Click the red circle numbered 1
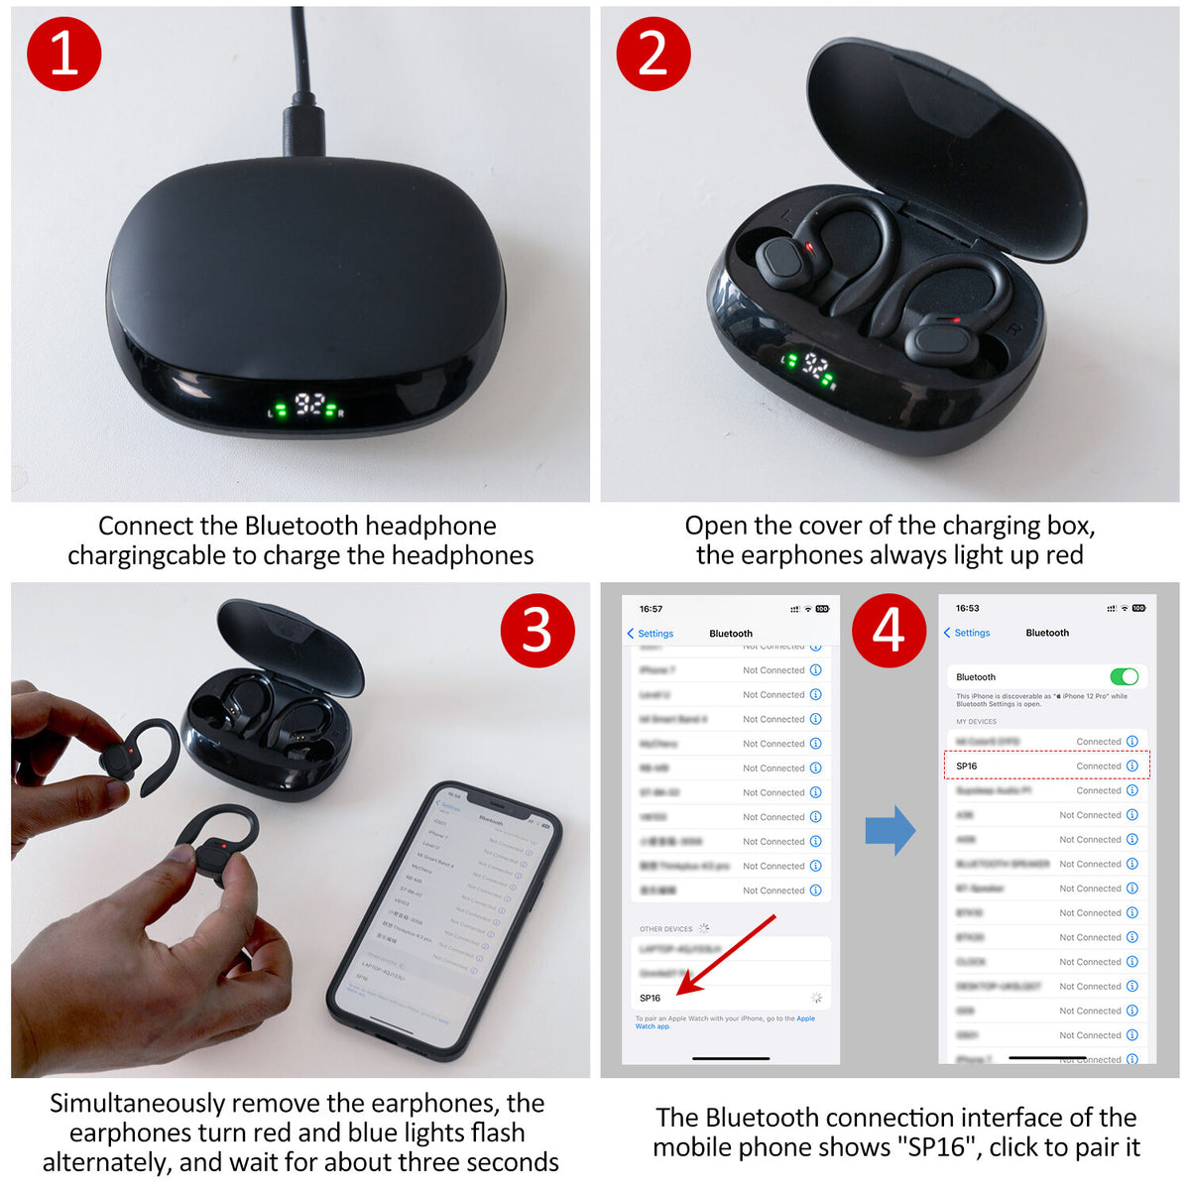(x=64, y=53)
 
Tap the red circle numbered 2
(x=654, y=53)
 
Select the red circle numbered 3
(x=536, y=630)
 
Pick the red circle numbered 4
(x=889, y=630)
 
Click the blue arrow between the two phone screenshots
(x=890, y=830)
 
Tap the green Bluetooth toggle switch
(x=1124, y=676)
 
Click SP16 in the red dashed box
(x=967, y=766)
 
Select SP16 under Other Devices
(x=651, y=998)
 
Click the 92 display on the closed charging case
(x=309, y=404)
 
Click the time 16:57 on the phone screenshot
(x=651, y=609)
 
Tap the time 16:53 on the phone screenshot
(x=967, y=608)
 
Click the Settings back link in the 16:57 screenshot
(x=651, y=634)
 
